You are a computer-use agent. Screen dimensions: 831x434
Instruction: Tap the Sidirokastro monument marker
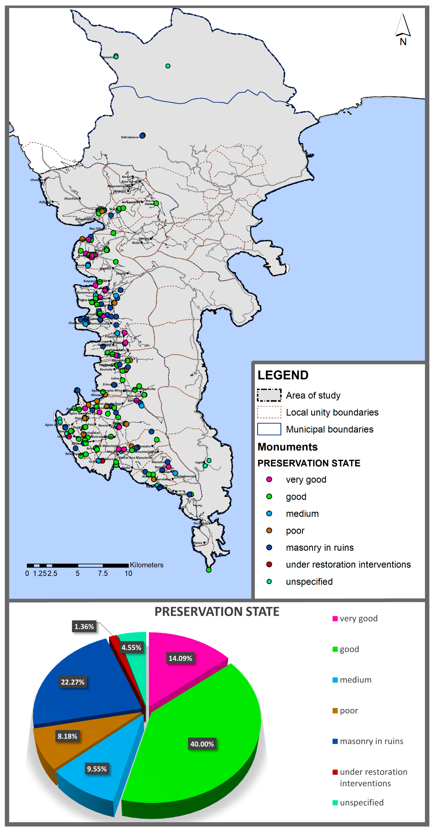click(x=142, y=135)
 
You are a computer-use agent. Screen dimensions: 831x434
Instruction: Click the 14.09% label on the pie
click(x=180, y=658)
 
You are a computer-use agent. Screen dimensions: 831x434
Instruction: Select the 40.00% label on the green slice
click(x=202, y=744)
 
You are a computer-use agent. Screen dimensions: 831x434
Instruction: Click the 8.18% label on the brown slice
click(x=67, y=736)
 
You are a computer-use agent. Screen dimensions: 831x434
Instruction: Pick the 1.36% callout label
click(x=84, y=626)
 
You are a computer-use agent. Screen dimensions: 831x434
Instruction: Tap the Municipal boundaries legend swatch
click(x=269, y=429)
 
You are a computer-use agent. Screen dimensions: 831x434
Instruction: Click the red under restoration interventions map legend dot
click(x=269, y=564)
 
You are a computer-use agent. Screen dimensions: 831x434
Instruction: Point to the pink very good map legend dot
click(x=269, y=479)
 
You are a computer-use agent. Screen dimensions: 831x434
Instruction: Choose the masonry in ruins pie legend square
click(x=335, y=741)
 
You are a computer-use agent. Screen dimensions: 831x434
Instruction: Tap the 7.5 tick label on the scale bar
click(x=103, y=573)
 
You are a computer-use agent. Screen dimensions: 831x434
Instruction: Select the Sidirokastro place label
click(x=129, y=137)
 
